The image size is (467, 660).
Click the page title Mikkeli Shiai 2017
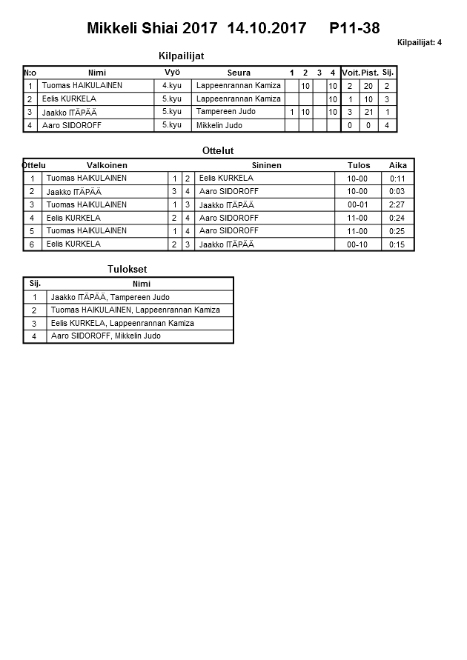[148, 29]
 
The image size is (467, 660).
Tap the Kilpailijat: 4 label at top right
[419, 42]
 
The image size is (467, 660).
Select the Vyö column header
[172, 73]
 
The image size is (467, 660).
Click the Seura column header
[239, 73]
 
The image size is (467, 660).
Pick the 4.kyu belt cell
[172, 86]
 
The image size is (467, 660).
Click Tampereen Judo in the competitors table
[226, 112]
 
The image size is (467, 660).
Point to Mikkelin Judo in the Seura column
[219, 125]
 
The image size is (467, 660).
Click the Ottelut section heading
[218, 150]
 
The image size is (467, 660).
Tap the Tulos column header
[359, 165]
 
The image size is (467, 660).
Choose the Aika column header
[397, 165]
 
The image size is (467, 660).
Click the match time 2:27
[397, 204]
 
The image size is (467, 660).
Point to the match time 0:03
[397, 191]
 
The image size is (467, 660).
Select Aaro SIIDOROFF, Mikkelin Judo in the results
[105, 336]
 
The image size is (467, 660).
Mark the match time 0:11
[397, 179]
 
